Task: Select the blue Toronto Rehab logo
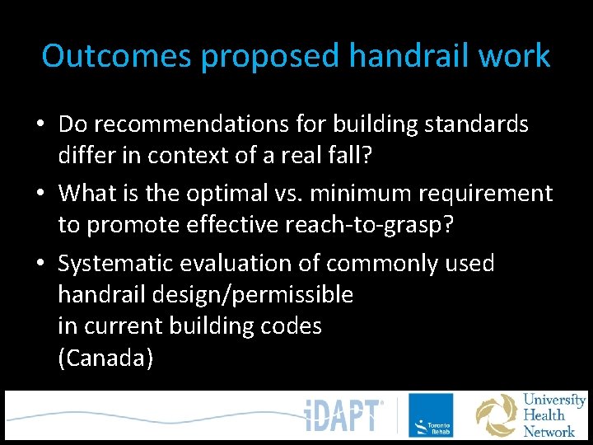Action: pyautogui.click(x=431, y=415)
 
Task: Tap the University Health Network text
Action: pyautogui.click(x=553, y=415)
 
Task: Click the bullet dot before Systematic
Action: pyautogui.click(x=41, y=265)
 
